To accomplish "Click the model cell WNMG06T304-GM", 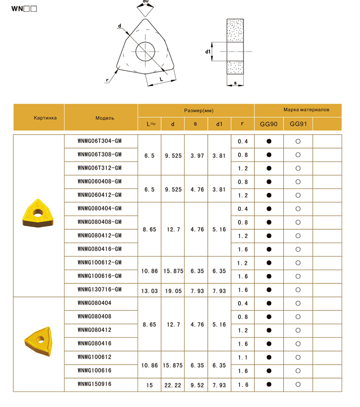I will coord(99,141).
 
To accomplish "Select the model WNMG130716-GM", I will coord(99,289).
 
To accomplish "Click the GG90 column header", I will coord(269,124).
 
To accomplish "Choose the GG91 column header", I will coord(298,124).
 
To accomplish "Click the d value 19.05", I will coord(173,290).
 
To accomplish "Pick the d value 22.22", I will coord(173,384).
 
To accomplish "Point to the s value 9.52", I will coord(196,384).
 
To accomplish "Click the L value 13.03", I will coord(150,290).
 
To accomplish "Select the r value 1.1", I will coord(242,357).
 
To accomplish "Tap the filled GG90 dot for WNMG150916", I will coord(269,384).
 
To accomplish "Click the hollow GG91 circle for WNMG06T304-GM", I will coord(298,141).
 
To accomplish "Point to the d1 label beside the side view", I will coord(207,52).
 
